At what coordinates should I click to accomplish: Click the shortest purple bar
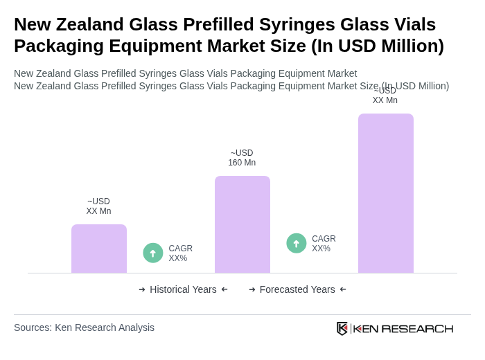click(x=99, y=249)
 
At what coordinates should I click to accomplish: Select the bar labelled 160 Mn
click(x=242, y=224)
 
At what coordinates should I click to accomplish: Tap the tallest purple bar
click(x=386, y=193)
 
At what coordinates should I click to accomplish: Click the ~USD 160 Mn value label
click(x=242, y=158)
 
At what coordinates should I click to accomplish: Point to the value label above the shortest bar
click(x=98, y=206)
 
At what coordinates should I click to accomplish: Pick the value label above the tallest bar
click(x=385, y=96)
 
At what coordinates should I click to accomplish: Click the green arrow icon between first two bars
click(x=153, y=253)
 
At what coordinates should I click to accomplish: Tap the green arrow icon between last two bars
click(x=297, y=244)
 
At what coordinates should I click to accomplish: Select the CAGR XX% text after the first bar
click(x=180, y=253)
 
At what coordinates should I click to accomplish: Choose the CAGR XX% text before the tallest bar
click(x=324, y=244)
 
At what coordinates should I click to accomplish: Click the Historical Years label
click(x=183, y=289)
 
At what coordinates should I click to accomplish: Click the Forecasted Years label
click(x=297, y=289)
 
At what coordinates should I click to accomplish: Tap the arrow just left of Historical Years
click(x=142, y=289)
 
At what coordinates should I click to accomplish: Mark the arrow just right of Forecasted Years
click(x=343, y=289)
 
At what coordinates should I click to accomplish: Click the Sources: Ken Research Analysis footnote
click(x=84, y=327)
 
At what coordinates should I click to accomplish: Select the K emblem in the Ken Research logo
click(x=342, y=328)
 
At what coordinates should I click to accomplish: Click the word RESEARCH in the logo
click(x=417, y=329)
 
